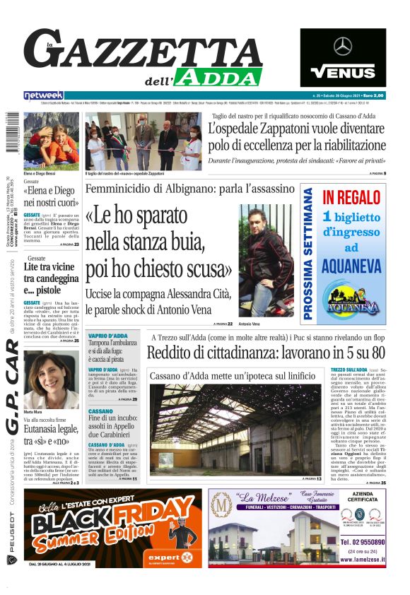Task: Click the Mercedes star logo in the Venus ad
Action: point(343,47)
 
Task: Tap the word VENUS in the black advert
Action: point(343,72)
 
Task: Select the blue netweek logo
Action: point(43,95)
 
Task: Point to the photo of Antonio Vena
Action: point(266,259)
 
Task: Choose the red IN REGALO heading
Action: point(351,197)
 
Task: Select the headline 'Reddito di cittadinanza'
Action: point(266,352)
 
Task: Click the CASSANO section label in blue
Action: point(100,411)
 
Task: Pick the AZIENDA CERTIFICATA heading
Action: point(363,500)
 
